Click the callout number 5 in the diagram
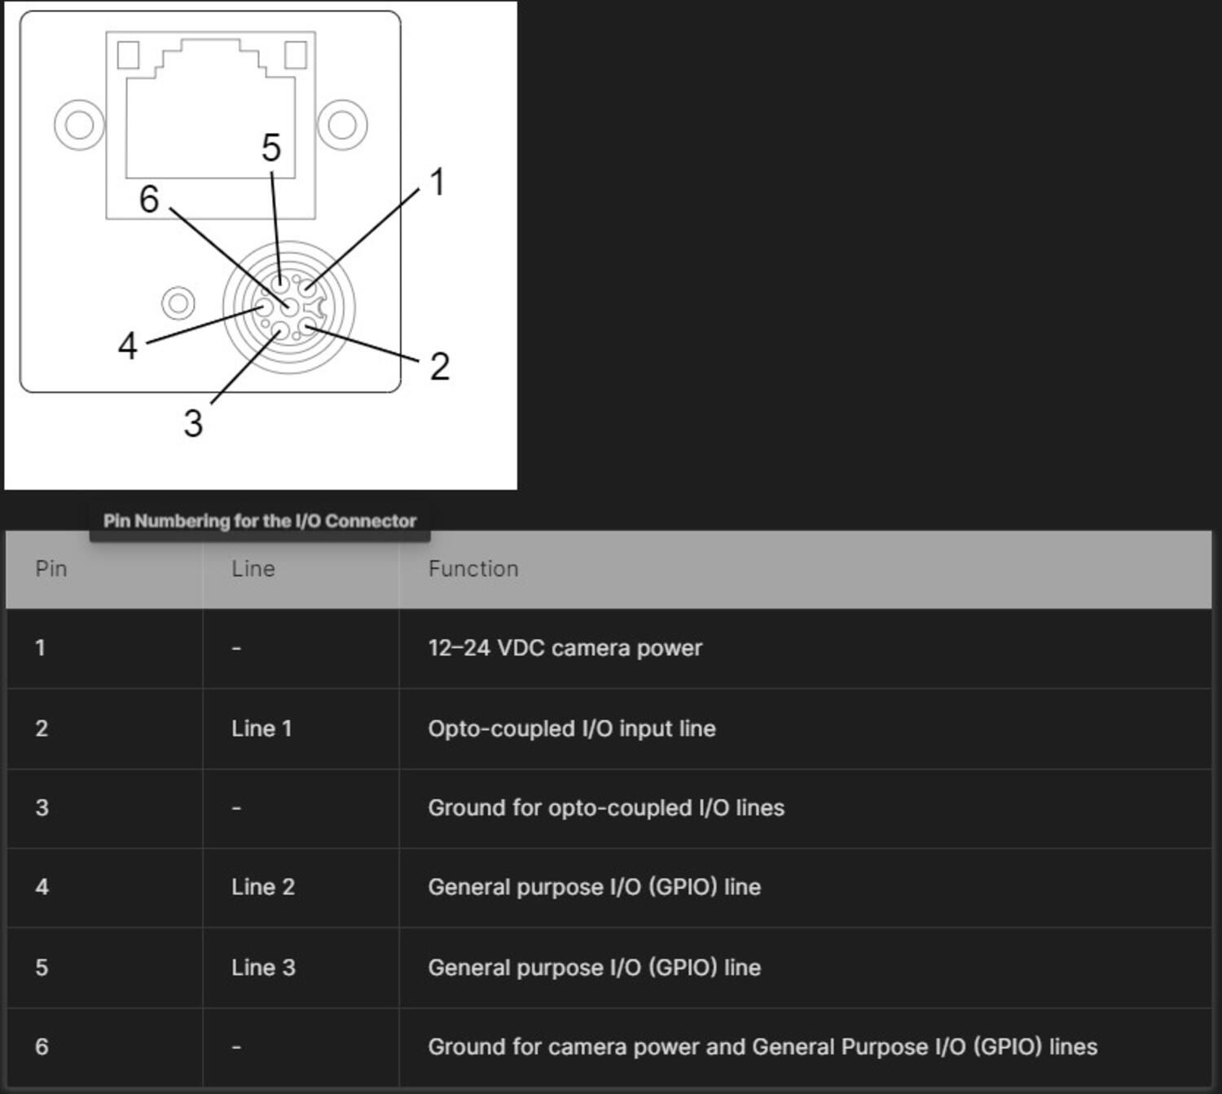[271, 148]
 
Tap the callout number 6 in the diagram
[149, 200]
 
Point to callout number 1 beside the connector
[437, 183]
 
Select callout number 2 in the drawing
[440, 367]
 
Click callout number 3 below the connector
[193, 424]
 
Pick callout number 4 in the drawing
[127, 346]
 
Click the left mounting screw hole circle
[79, 125]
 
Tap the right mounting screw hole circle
[342, 125]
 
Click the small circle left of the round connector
[178, 303]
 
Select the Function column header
[473, 569]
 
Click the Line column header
[253, 569]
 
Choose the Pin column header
[51, 569]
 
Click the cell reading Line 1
[262, 729]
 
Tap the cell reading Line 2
[262, 887]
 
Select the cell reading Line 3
[262, 968]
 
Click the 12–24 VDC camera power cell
[565, 648]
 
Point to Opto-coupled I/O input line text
[571, 729]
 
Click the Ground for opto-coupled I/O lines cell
[606, 808]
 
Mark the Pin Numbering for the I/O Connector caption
[259, 521]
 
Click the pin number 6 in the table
[42, 1047]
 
